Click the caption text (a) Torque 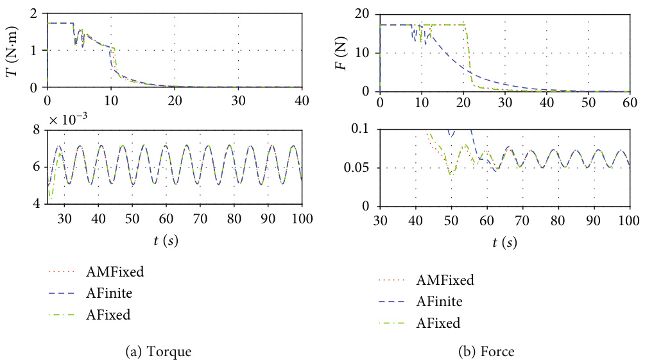point(159,352)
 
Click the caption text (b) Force point(486,352)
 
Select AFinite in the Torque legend point(109,293)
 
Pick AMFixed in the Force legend point(445,280)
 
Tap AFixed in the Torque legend point(108,314)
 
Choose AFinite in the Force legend point(440,302)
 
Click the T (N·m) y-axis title point(12,51)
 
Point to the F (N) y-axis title point(341,53)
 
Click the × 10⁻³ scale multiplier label point(68,120)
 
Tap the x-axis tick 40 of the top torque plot point(302,101)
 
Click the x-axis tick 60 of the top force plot point(630,103)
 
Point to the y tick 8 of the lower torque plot point(37,130)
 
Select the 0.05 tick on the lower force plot point(359,168)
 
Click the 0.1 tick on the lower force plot point(362,129)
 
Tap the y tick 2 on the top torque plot point(34,13)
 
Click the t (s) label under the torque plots point(166,240)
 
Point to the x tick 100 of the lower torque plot point(302,219)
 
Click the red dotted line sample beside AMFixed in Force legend point(391,280)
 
